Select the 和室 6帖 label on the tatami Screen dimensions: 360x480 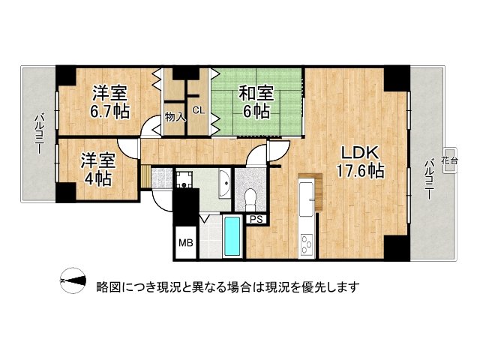[255, 102]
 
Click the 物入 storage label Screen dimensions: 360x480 [175, 117]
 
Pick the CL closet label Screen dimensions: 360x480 [198, 110]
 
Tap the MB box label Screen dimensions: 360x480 [184, 243]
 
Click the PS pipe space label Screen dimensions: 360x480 [256, 220]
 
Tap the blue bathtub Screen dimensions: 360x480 [234, 237]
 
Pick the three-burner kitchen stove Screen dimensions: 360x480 [307, 242]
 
